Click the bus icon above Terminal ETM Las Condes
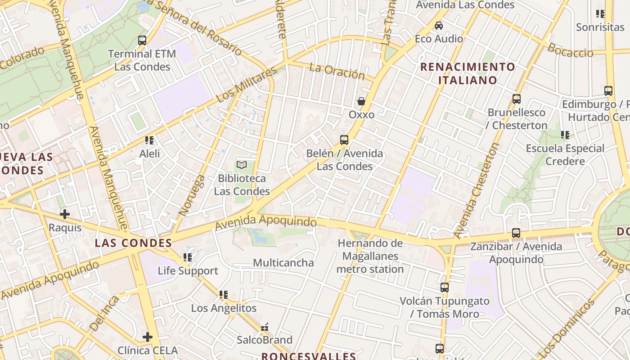tap(142, 40)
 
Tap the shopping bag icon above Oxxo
tap(361, 101)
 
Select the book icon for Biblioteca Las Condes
tap(242, 165)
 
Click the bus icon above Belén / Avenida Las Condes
tap(344, 140)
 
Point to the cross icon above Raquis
tap(65, 214)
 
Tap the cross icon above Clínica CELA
tap(148, 337)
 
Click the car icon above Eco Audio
tap(439, 26)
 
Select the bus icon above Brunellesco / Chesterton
tap(517, 99)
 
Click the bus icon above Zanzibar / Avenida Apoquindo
tap(516, 233)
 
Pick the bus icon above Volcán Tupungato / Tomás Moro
tap(445, 287)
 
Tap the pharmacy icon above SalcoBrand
tap(265, 327)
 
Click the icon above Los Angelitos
tap(224, 295)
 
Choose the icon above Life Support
tap(188, 257)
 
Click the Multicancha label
tap(283, 263)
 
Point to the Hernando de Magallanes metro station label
tap(370, 256)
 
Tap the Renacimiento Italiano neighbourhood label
tap(468, 74)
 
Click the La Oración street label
tap(337, 71)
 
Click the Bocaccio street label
tap(570, 51)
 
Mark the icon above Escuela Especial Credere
tap(565, 135)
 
